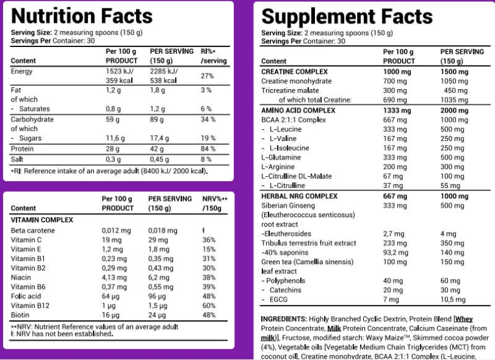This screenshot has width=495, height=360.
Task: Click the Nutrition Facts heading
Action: pyautogui.click(x=82, y=16)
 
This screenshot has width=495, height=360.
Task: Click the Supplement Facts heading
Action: pyautogui.click(x=347, y=16)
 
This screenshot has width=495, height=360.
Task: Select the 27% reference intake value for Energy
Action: pyautogui.click(x=207, y=75)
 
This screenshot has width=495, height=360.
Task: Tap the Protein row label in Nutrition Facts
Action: pyautogui.click(x=22, y=149)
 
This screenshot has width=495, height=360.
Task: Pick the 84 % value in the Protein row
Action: pyautogui.click(x=208, y=149)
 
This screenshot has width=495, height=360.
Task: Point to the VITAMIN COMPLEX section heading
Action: pyautogui.click(x=42, y=220)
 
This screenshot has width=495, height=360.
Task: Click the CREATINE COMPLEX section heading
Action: pyautogui.click(x=295, y=72)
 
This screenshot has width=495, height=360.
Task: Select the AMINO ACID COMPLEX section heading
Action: pyautogui.click(x=298, y=109)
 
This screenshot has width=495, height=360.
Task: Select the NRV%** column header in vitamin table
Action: pyautogui.click(x=215, y=199)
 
